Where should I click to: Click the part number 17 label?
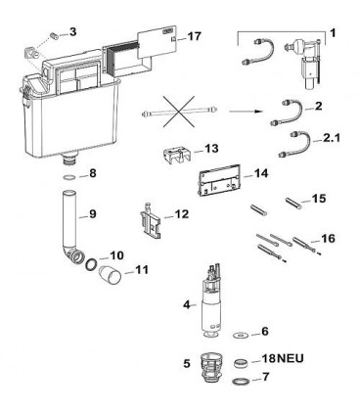click(x=195, y=36)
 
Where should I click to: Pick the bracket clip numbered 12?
click(x=151, y=220)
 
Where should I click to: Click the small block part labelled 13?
click(x=176, y=155)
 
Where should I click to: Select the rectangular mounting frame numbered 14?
click(x=219, y=179)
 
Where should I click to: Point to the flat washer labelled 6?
click(x=241, y=335)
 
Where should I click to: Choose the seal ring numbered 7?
click(x=242, y=381)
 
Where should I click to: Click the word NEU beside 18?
click(x=291, y=358)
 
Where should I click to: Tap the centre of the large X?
click(x=179, y=112)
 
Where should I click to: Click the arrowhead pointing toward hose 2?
click(x=258, y=112)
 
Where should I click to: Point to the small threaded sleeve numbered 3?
click(x=55, y=36)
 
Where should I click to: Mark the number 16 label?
click(x=328, y=239)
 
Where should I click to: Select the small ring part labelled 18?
click(x=243, y=363)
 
